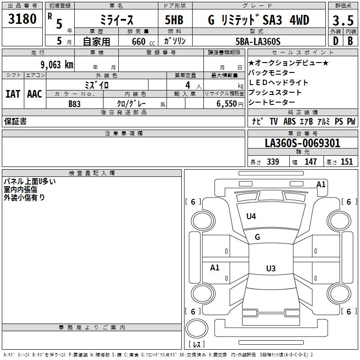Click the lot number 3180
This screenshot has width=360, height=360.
(22, 19)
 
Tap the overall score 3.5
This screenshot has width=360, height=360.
(343, 20)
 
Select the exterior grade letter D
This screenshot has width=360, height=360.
(336, 41)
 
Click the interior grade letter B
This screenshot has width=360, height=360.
(350, 41)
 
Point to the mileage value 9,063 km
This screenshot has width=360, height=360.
(57, 65)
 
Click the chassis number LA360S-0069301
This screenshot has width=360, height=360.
(302, 143)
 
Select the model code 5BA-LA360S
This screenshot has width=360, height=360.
(258, 41)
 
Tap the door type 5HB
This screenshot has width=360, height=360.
(174, 20)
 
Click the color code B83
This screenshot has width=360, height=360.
(74, 104)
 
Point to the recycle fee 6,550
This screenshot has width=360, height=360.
(227, 104)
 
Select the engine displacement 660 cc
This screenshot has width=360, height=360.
(143, 41)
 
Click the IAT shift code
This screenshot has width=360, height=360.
(13, 94)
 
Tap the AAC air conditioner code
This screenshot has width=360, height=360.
(35, 94)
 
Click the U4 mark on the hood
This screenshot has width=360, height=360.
(251, 216)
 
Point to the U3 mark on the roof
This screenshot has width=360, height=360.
(271, 268)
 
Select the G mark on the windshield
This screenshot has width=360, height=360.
(257, 237)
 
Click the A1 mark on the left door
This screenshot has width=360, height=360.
(215, 267)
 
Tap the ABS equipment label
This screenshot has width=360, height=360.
(289, 121)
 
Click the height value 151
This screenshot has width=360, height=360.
(346, 162)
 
